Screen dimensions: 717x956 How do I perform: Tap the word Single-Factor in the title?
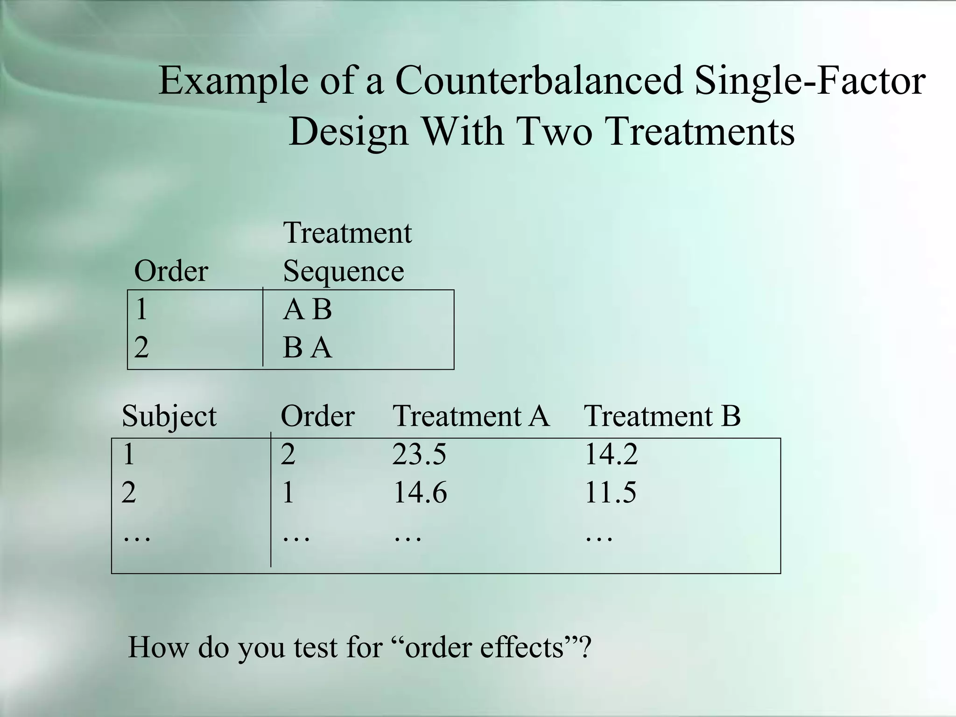click(810, 80)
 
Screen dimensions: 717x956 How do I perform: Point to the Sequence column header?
click(343, 271)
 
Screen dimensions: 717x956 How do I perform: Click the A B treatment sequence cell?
click(307, 309)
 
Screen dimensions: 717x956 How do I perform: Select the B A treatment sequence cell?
click(307, 348)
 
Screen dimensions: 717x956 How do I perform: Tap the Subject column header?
click(169, 416)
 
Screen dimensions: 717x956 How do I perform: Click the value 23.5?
click(419, 454)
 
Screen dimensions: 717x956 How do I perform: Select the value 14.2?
click(611, 454)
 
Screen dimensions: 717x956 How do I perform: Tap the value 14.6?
click(420, 493)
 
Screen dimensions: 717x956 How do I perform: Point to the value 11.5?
click(610, 493)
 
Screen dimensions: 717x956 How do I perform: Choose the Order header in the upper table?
click(171, 271)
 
